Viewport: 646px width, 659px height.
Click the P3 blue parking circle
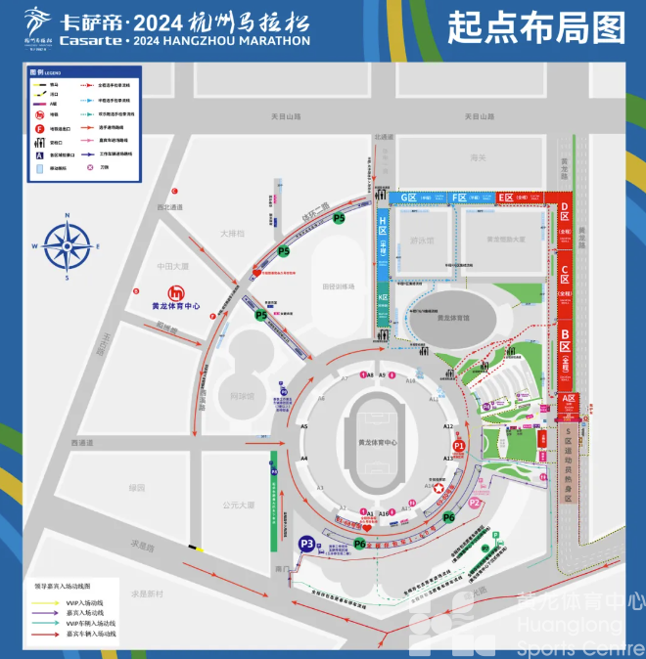(307, 545)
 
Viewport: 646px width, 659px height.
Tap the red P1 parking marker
(459, 446)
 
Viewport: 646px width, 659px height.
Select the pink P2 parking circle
(475, 503)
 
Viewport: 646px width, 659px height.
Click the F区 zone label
(460, 198)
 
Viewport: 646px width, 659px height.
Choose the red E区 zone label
(506, 198)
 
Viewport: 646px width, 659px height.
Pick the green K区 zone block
(384, 295)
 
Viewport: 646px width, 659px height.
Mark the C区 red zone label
(565, 275)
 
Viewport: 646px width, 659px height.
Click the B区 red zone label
(565, 349)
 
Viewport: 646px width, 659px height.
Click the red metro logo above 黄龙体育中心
(176, 291)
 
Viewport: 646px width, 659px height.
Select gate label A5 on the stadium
(304, 426)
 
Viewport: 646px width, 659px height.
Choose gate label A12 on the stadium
(448, 426)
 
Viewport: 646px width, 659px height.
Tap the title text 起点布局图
(536, 29)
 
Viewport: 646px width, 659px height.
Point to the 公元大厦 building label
(238, 505)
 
